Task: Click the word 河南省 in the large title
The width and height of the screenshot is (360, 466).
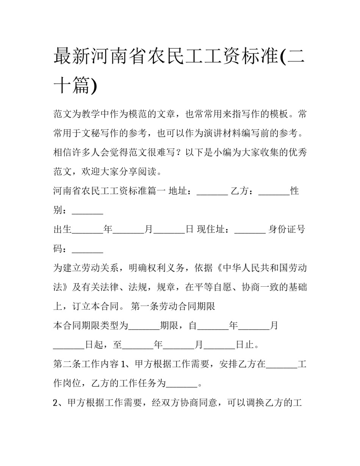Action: [114, 56]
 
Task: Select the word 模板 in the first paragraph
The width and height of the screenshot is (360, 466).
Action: [280, 114]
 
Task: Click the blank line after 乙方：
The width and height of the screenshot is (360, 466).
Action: [274, 191]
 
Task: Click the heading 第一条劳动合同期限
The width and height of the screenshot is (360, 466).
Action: [173, 306]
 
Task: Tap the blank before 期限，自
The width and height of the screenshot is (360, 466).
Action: [144, 326]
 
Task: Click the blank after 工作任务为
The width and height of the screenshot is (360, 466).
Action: [182, 383]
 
